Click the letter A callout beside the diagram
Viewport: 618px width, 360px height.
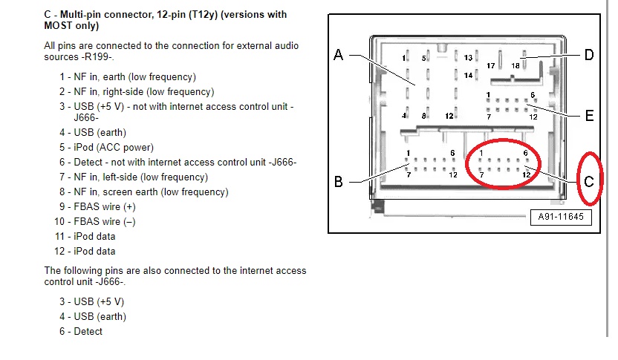pyautogui.click(x=339, y=55)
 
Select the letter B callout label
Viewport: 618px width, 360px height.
pyautogui.click(x=339, y=182)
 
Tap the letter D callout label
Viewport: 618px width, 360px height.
pyautogui.click(x=588, y=55)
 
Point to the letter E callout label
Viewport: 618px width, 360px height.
pyautogui.click(x=589, y=116)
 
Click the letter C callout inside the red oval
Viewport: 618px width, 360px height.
pyautogui.click(x=589, y=182)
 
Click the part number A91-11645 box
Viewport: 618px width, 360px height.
pyautogui.click(x=556, y=217)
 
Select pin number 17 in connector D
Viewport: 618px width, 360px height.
pyautogui.click(x=491, y=66)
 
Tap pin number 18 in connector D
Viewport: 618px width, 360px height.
pyautogui.click(x=515, y=66)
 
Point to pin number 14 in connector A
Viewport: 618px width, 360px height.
pyautogui.click(x=469, y=75)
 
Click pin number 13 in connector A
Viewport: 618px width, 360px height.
pyautogui.click(x=469, y=58)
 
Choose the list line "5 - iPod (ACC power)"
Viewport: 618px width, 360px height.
pyautogui.click(x=107, y=147)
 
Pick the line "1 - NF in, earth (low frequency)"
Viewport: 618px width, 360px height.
pyautogui.click(x=127, y=76)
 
